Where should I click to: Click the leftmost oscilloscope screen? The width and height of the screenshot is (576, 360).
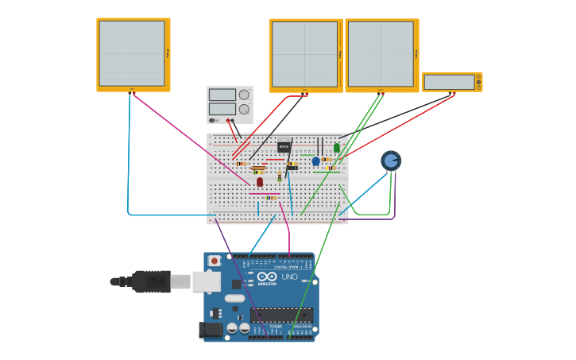(132, 53)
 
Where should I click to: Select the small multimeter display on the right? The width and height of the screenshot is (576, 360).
(449, 82)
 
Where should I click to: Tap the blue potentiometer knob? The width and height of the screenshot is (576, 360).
(391, 161)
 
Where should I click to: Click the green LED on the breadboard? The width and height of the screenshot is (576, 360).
(337, 147)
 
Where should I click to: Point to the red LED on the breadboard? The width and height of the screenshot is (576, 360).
(260, 182)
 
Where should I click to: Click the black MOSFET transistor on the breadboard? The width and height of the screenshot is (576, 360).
(284, 146)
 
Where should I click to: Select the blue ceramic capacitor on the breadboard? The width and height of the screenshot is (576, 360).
(315, 161)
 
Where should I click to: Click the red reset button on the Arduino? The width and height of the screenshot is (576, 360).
(214, 261)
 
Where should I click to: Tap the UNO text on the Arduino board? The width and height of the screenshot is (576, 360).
(288, 277)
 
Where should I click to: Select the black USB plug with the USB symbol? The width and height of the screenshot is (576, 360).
(151, 281)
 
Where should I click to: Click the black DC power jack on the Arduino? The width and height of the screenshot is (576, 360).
(211, 329)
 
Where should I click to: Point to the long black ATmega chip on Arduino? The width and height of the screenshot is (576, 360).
(281, 315)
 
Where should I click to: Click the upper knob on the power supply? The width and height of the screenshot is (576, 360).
(244, 95)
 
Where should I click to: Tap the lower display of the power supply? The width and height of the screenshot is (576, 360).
(222, 109)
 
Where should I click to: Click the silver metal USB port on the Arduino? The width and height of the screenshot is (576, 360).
(206, 281)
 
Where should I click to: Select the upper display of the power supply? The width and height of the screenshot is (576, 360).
(222, 95)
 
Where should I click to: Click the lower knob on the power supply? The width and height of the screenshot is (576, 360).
(244, 109)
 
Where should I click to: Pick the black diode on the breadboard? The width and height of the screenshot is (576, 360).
(292, 168)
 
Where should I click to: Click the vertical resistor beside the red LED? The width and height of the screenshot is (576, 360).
(280, 176)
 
